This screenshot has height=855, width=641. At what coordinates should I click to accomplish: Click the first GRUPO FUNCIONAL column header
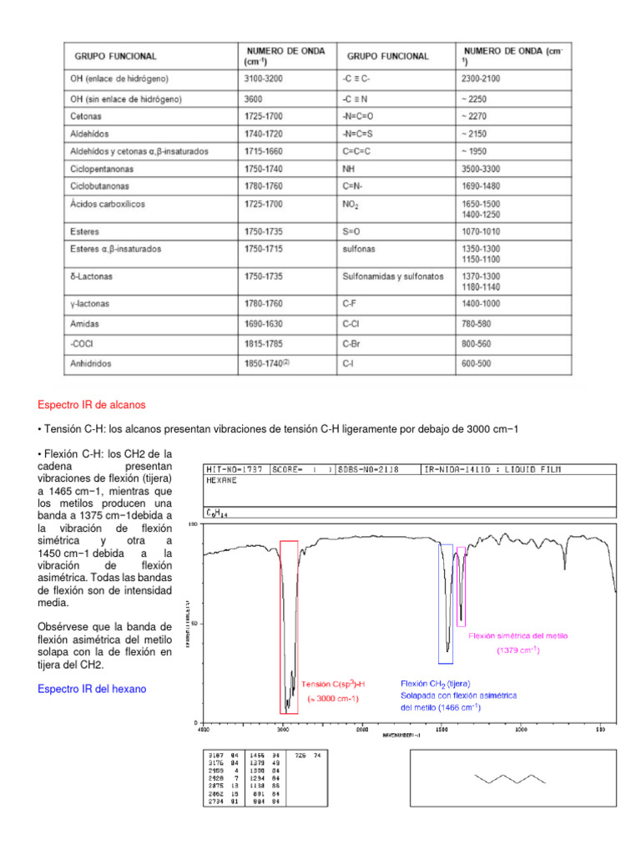tap(116, 57)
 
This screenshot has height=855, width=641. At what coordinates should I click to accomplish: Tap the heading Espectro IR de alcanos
tap(92, 405)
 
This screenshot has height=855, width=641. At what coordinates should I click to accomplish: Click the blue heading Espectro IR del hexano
tap(92, 688)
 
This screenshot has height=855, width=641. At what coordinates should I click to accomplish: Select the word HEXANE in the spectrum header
tap(220, 481)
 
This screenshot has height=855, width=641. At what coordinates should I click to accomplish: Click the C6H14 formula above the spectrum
tap(217, 513)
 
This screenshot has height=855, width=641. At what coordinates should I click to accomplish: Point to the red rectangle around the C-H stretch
tap(289, 626)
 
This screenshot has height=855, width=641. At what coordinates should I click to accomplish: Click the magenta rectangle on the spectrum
tap(462, 584)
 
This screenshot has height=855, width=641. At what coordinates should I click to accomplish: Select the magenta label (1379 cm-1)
tap(518, 650)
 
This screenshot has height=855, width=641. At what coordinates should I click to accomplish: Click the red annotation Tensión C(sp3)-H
tap(333, 683)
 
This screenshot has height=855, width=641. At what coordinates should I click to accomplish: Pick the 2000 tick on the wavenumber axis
tap(361, 728)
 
